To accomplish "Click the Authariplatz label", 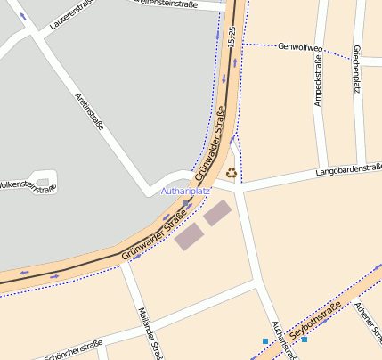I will point(185,191).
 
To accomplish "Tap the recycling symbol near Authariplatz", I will point(232,173).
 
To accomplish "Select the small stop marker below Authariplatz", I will point(185,204).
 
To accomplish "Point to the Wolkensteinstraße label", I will point(27,186).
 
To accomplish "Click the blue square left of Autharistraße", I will point(264,341).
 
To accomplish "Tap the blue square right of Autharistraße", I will point(305,340).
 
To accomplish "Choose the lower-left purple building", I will point(189,236).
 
